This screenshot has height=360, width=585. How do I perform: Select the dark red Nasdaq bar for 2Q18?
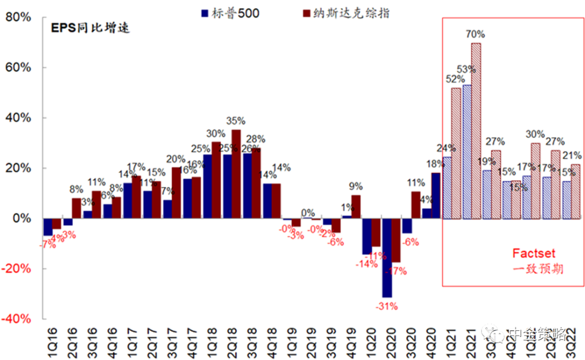[x=236, y=174]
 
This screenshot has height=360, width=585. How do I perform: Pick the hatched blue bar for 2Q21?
[x=466, y=152]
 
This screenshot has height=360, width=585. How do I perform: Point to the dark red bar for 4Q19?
[x=356, y=207]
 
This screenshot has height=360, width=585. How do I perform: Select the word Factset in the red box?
[x=534, y=253]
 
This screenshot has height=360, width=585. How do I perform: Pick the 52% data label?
[x=454, y=80]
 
